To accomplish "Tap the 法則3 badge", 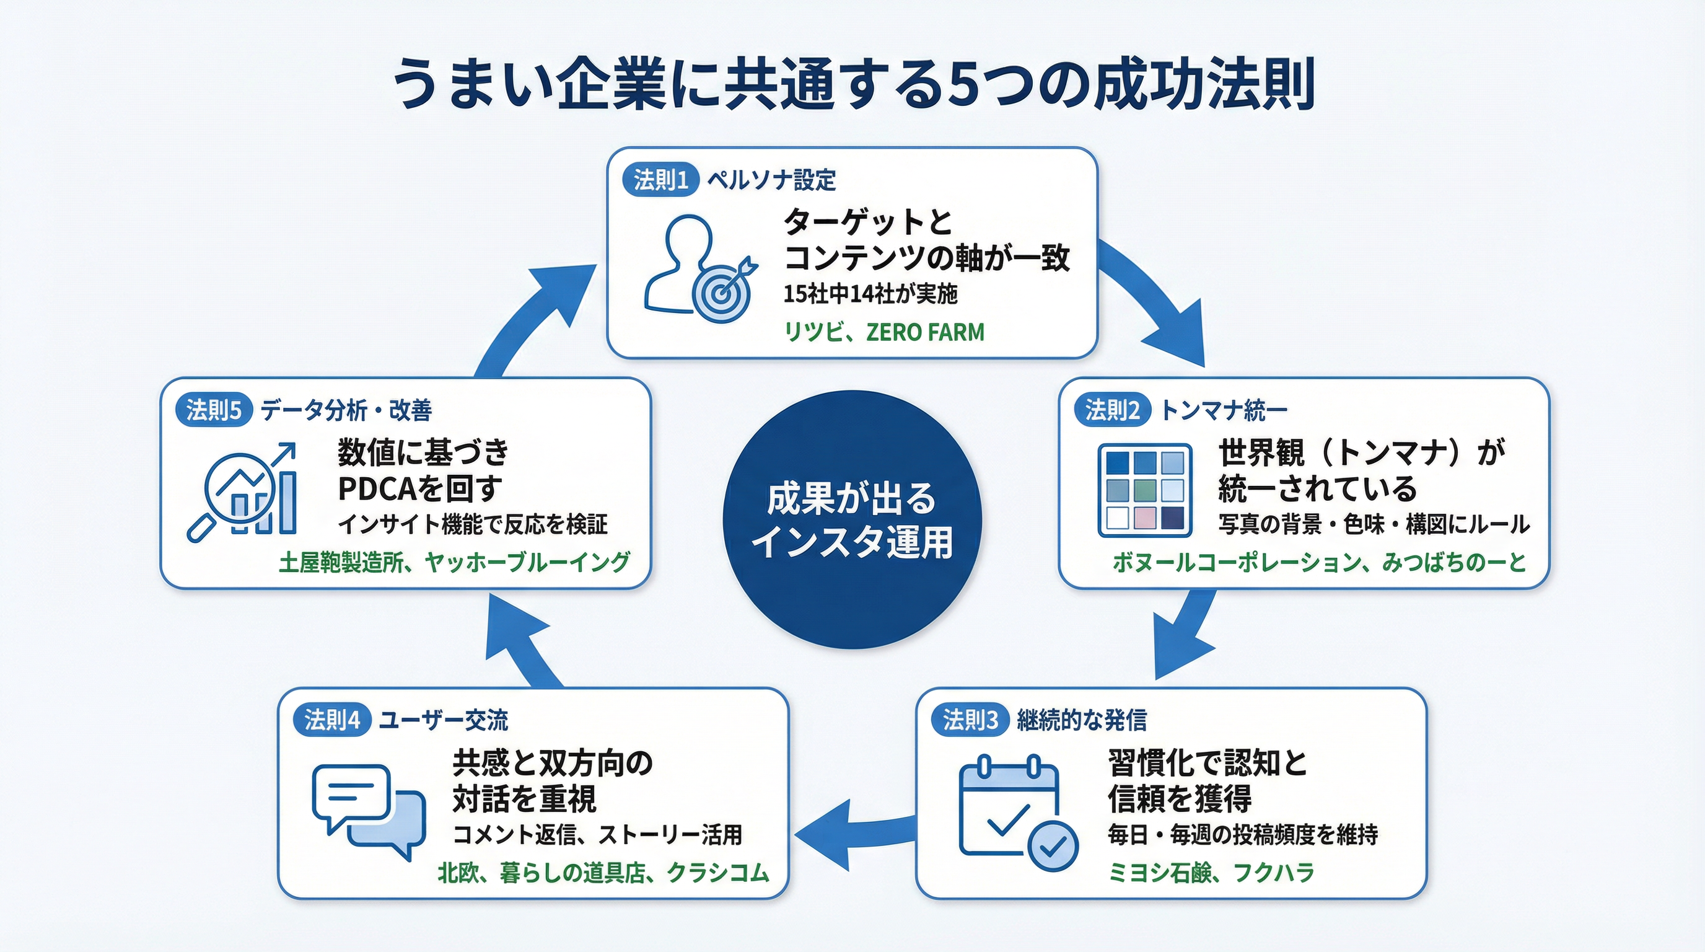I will (x=970, y=720).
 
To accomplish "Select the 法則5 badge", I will (x=213, y=410).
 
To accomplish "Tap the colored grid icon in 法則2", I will (x=1144, y=490).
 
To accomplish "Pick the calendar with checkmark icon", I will (x=1017, y=815).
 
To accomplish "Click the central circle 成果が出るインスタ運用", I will (x=852, y=519).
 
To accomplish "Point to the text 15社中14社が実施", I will (x=870, y=294).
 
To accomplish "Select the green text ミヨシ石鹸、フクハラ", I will (x=1211, y=873).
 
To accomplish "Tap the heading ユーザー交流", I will (x=443, y=720).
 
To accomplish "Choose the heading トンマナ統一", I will (x=1224, y=410).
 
